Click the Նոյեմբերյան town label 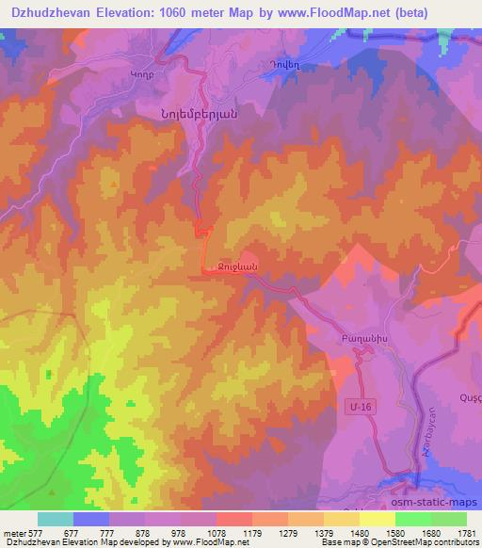coord(191,108)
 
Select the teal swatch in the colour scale coord(56,519)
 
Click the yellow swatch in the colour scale coord(377,519)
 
